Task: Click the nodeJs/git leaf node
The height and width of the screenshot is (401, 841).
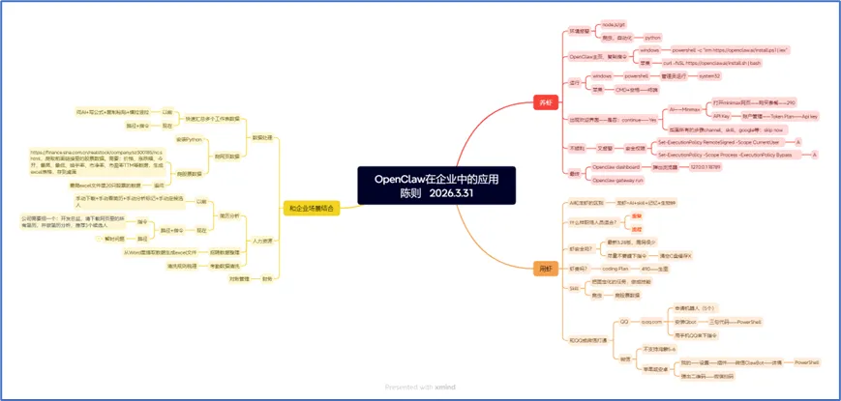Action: coord(616,23)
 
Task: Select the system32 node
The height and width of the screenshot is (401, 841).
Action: coord(709,74)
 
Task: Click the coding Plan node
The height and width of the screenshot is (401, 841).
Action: coord(616,268)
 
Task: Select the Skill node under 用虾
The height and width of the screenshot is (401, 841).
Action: coord(574,288)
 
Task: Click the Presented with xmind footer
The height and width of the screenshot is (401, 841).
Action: coord(420,387)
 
